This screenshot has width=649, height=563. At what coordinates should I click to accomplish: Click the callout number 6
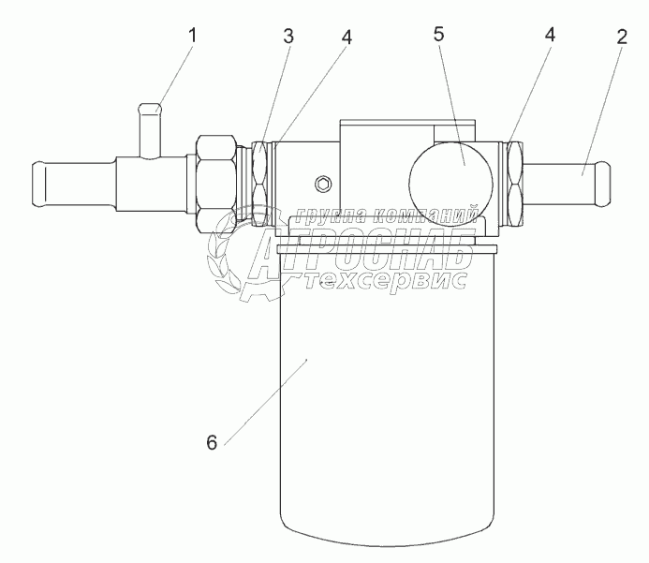[x=213, y=442]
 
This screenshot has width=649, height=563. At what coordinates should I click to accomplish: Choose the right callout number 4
[x=550, y=34]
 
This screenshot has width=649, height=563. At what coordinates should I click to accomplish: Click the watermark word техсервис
[x=391, y=280]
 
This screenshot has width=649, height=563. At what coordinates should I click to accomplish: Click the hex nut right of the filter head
[x=515, y=183]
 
